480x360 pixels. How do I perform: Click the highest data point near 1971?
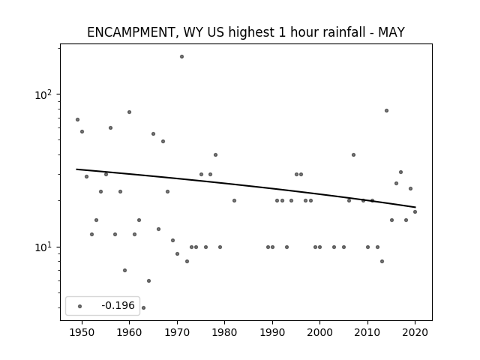click(181, 57)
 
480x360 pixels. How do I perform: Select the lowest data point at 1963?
click(143, 307)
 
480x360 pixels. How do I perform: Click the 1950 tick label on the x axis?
click(82, 332)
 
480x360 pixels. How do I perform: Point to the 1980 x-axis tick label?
click(224, 332)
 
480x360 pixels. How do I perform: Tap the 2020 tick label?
click(415, 332)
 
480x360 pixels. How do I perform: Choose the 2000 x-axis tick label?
click(320, 332)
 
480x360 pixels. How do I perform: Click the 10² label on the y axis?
click(43, 95)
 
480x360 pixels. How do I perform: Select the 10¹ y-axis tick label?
click(43, 247)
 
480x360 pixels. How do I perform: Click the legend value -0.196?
click(118, 305)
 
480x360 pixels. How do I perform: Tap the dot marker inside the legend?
click(80, 306)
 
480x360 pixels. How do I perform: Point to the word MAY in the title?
click(391, 32)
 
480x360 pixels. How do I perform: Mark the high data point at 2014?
click(387, 110)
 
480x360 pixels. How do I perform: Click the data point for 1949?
click(77, 119)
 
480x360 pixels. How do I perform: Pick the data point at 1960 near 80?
click(129, 112)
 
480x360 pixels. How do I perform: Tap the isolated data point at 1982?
click(234, 200)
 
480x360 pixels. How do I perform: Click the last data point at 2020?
click(415, 211)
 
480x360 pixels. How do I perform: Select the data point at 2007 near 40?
click(353, 154)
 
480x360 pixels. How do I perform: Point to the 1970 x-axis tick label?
click(177, 332)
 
